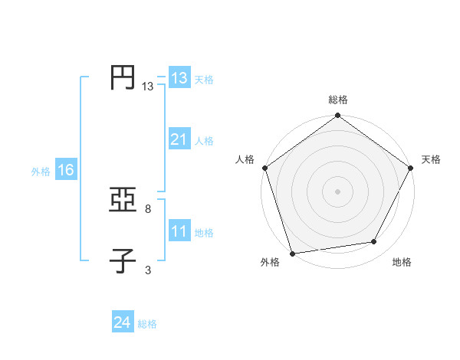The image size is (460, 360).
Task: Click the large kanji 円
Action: click(123, 78)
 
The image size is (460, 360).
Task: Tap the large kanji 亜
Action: click(123, 201)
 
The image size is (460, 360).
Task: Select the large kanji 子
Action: click(123, 260)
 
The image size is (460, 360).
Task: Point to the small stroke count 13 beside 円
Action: click(148, 87)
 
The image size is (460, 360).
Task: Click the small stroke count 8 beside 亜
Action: click(148, 208)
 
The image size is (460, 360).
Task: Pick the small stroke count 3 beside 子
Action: click(148, 269)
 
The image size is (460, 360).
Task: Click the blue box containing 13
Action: click(179, 78)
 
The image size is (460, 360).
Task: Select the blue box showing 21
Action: click(179, 139)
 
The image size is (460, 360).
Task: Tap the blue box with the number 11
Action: click(179, 231)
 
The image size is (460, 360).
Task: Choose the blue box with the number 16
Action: click(66, 170)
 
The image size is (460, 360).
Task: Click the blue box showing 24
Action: click(123, 322)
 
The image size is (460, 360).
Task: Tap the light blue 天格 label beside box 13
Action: click(204, 80)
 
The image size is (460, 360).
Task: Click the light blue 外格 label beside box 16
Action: click(41, 172)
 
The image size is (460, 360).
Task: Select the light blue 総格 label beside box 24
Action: click(147, 324)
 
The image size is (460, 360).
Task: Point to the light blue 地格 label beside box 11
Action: click(204, 233)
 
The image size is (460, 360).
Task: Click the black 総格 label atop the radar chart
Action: click(338, 100)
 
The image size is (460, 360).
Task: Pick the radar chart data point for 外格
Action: click(293, 254)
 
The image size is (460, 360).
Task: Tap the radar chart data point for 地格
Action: click(374, 242)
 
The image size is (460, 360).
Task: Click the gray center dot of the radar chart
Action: click(338, 191)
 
